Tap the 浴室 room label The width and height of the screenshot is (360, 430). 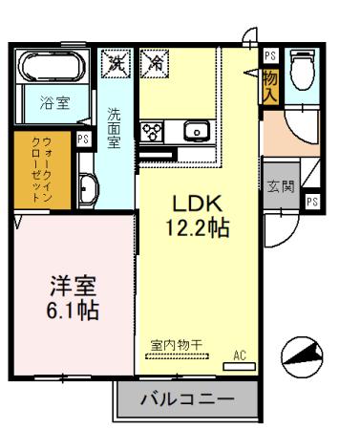[x=55, y=104]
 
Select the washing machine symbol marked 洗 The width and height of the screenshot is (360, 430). [x=117, y=64]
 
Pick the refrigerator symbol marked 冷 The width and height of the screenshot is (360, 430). [x=153, y=64]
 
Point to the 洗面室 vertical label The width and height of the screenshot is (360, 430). [x=113, y=124]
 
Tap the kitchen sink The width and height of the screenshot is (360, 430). [x=196, y=131]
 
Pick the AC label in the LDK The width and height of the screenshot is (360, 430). [x=241, y=356]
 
